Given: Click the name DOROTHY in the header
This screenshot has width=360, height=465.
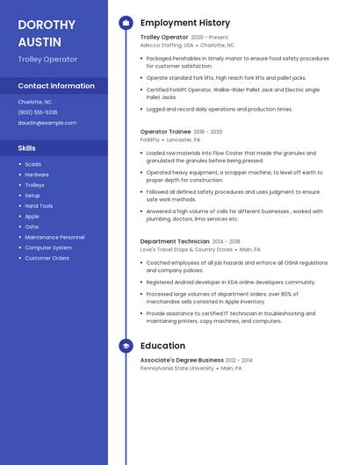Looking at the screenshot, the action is click(47, 25).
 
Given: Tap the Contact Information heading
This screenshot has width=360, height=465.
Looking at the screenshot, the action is click(56, 86).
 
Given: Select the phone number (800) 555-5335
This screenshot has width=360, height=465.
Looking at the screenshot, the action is click(38, 112).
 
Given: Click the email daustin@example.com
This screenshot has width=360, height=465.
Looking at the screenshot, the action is click(47, 123).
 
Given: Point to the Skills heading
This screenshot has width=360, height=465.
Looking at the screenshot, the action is click(27, 148).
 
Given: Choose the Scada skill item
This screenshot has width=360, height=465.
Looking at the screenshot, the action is click(32, 164).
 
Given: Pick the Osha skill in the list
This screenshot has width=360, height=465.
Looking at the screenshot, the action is click(32, 226).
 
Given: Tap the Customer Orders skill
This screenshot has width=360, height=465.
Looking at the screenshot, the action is click(47, 258).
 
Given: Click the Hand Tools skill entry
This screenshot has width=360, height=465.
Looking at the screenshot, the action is click(39, 206).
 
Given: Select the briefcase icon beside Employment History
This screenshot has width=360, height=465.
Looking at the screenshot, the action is click(126, 23).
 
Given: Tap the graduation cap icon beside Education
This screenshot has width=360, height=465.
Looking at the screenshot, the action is click(126, 347).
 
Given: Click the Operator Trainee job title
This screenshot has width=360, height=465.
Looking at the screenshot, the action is click(166, 132).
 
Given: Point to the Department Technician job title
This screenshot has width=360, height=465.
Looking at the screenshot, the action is click(175, 241).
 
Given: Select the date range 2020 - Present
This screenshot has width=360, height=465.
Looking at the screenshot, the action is click(209, 38).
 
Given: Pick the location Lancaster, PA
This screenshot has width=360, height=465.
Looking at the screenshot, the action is click(184, 139).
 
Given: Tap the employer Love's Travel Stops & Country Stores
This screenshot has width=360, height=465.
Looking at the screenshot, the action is click(186, 249).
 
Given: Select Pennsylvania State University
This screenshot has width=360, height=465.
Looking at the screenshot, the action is click(176, 368).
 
